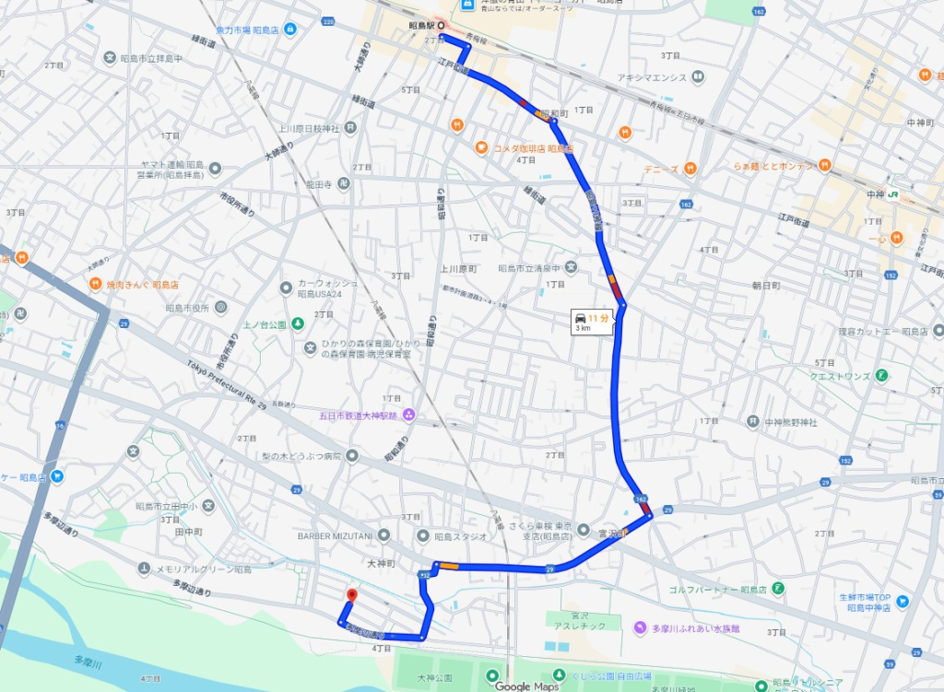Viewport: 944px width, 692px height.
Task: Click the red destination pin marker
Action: tap(350, 595)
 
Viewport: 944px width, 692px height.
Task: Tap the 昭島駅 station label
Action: tap(422, 25)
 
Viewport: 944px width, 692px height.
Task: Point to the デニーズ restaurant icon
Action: tap(690, 169)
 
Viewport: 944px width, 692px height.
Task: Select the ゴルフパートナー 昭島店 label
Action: tap(728, 588)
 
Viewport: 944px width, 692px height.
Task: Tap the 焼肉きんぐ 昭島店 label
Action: tap(142, 285)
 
